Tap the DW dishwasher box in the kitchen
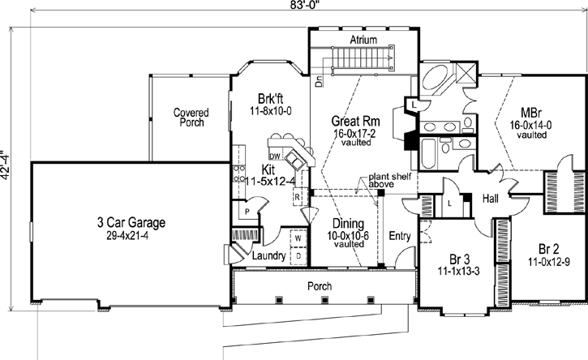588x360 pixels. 275,156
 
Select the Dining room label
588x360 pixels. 347,223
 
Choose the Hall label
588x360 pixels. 490,197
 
